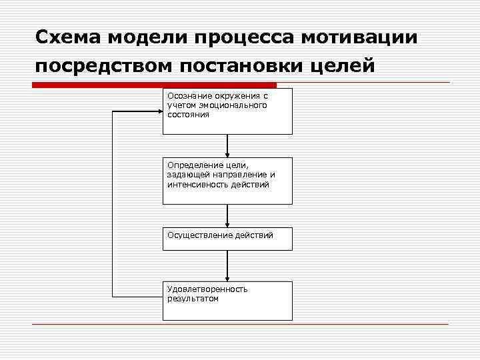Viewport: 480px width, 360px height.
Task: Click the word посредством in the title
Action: coord(95,67)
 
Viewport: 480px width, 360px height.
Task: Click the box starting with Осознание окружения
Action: coord(227,111)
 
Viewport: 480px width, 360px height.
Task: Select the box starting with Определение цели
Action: coord(227,181)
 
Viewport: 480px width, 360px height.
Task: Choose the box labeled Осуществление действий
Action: coord(227,239)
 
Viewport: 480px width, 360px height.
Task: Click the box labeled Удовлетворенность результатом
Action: coord(227,301)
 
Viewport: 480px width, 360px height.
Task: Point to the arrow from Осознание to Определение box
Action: coord(227,146)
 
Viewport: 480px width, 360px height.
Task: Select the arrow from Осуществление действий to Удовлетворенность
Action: coord(227,266)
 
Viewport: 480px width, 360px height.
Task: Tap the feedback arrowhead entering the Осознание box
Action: coord(158,112)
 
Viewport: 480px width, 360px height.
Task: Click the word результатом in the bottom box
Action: coord(193,299)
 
